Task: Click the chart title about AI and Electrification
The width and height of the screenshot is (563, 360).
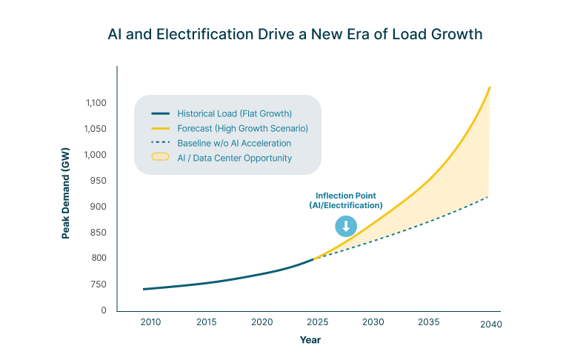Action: [x=295, y=34]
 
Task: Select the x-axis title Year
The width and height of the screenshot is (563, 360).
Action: [x=310, y=339]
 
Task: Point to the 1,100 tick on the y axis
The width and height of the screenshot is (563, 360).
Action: [x=96, y=103]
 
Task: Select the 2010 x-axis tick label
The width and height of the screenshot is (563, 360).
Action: [x=150, y=322]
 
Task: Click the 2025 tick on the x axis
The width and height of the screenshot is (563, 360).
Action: [x=317, y=322]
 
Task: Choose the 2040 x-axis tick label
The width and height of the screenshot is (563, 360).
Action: [x=491, y=324]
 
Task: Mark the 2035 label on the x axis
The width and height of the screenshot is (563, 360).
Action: [x=428, y=322]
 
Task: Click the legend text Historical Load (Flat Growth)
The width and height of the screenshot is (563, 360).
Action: [x=234, y=113]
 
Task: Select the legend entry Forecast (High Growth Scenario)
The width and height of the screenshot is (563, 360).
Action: [x=242, y=128]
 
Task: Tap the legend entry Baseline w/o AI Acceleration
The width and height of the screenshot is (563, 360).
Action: [x=234, y=143]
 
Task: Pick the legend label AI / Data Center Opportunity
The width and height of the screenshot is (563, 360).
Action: [x=234, y=158]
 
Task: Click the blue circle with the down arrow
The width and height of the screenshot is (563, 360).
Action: [x=345, y=227]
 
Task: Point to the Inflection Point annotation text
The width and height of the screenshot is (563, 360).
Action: [x=345, y=200]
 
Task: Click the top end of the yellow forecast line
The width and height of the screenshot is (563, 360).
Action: [x=490, y=87]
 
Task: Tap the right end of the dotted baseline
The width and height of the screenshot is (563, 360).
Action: [x=488, y=196]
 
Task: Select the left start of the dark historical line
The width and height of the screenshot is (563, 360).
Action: [x=144, y=289]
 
